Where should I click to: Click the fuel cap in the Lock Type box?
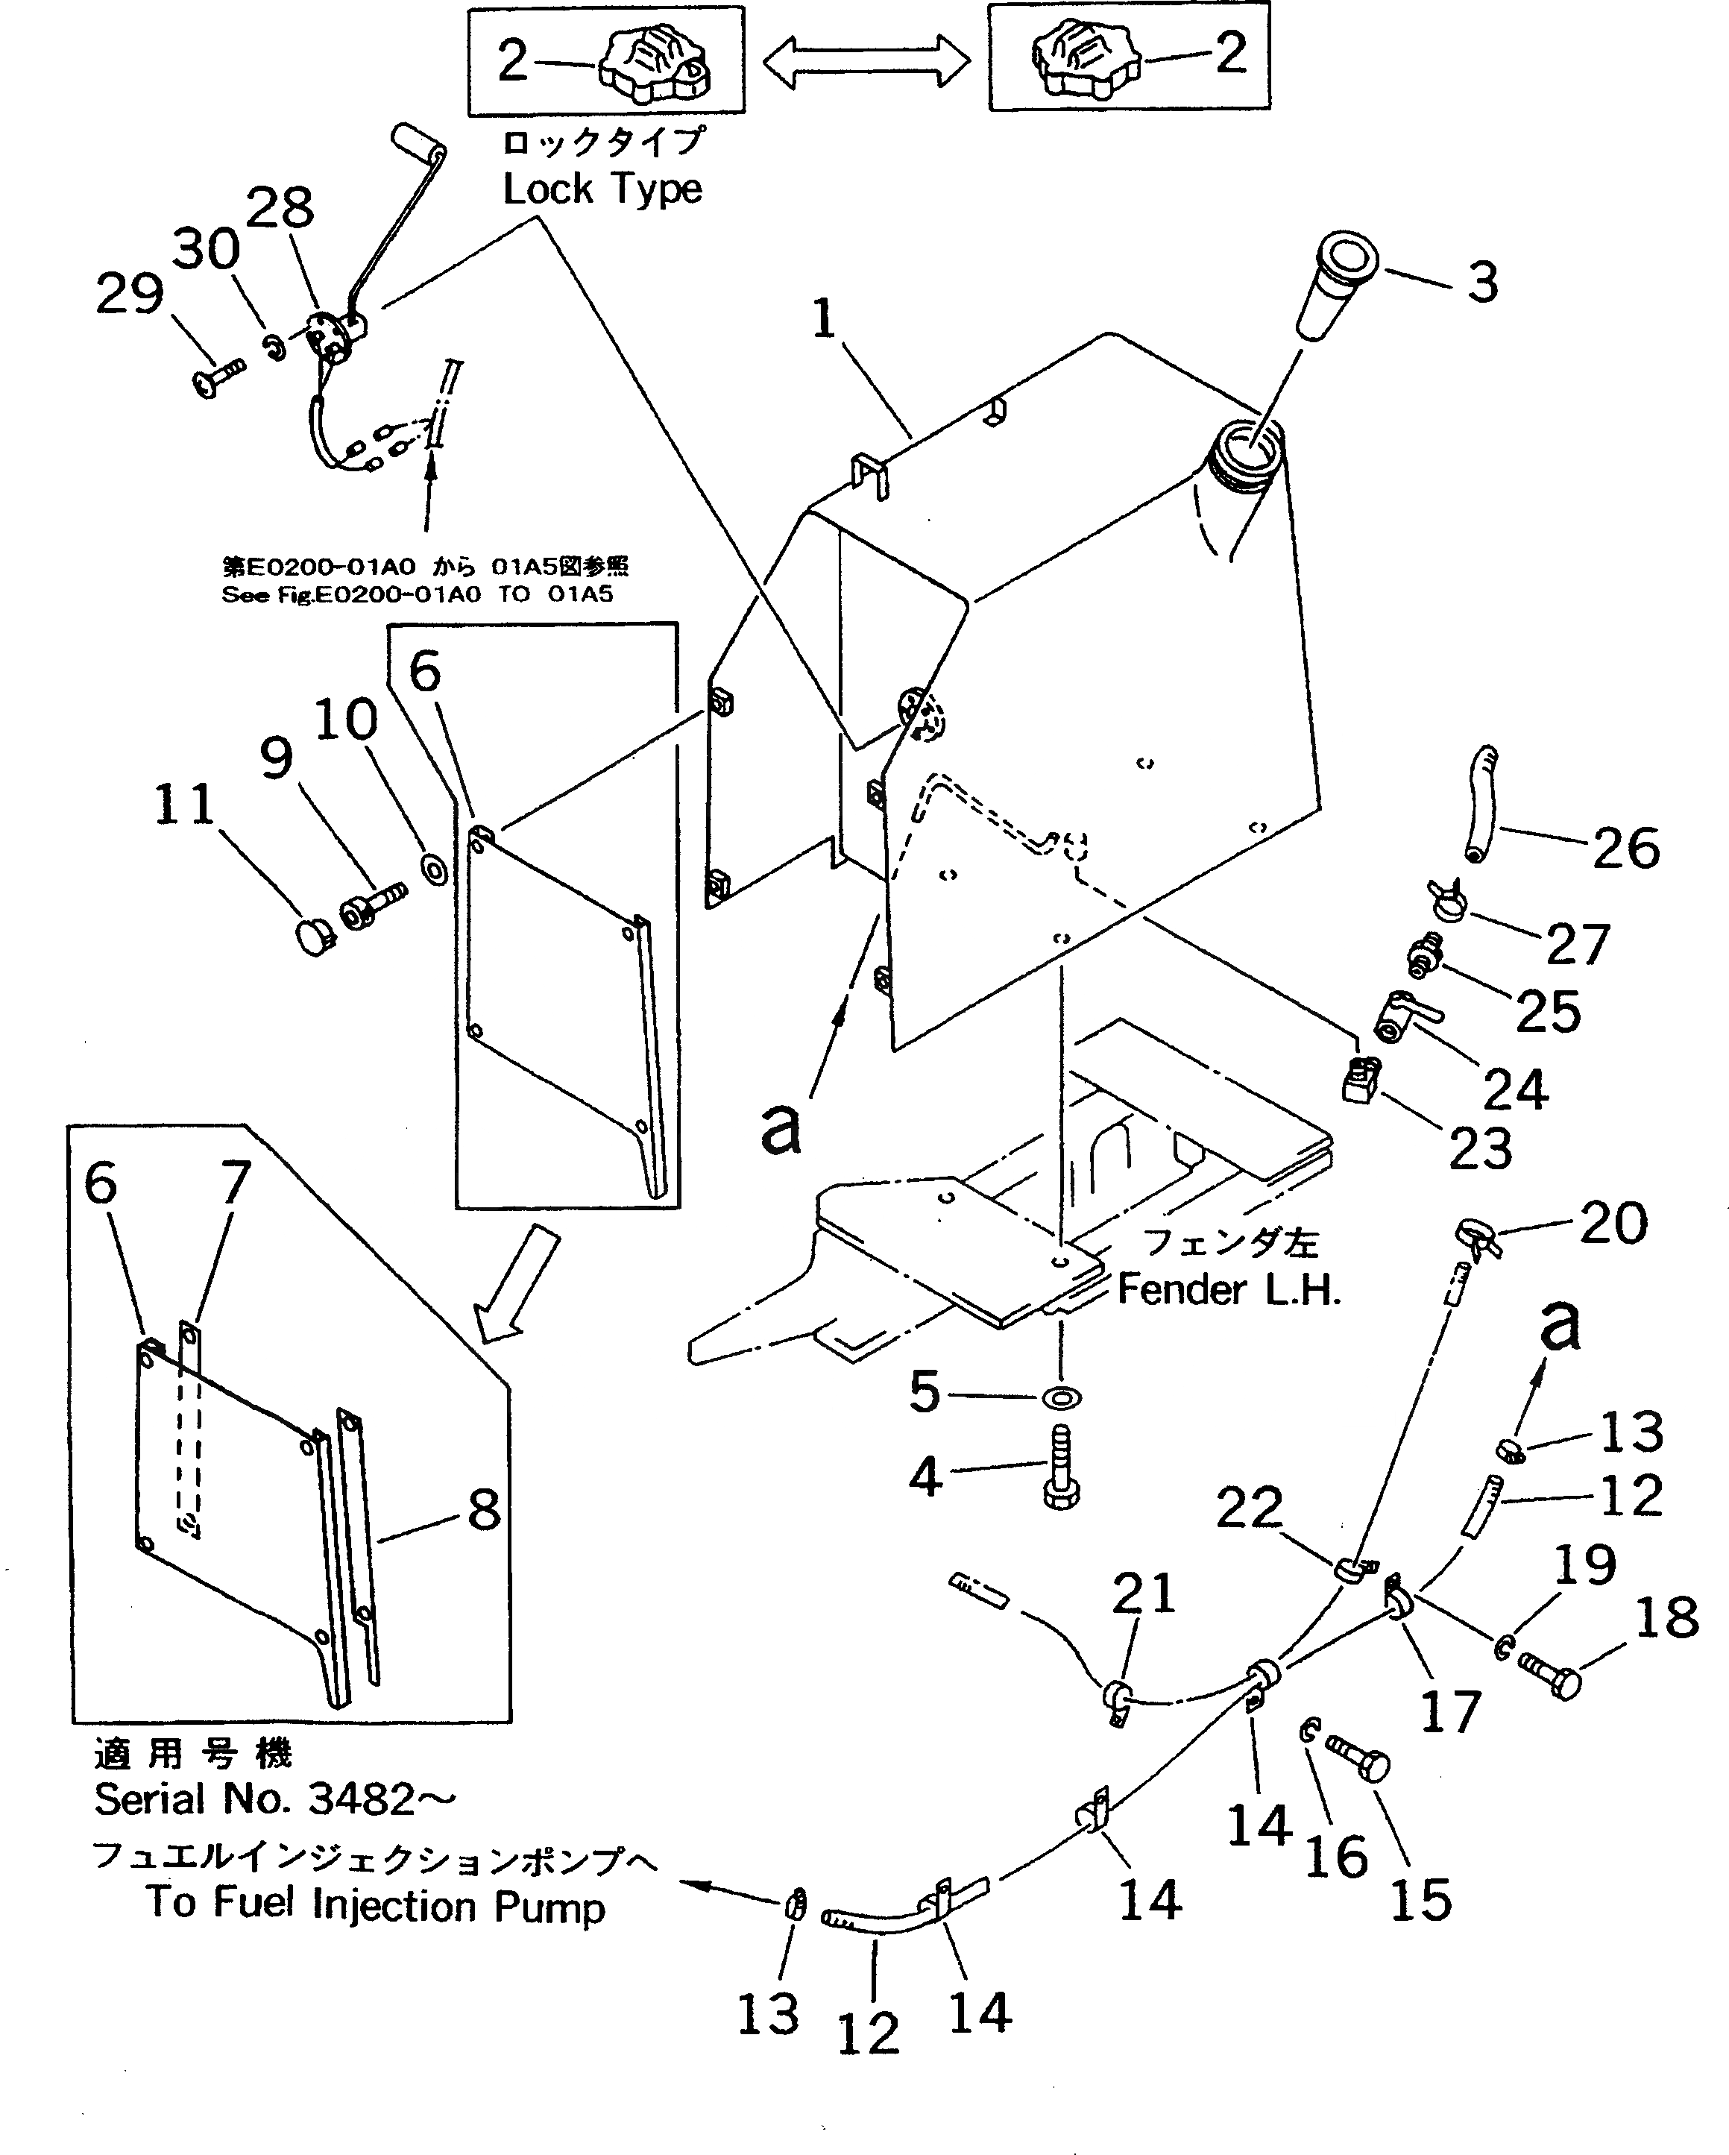[655, 62]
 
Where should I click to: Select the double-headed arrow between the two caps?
[866, 62]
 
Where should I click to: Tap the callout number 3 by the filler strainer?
[1482, 283]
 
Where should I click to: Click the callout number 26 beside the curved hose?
[1625, 848]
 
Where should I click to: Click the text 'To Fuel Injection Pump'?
[376, 1904]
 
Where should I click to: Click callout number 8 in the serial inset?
[484, 1510]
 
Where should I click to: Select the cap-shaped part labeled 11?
[316, 937]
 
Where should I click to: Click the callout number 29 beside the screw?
[129, 295]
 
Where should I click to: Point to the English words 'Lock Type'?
[602, 189]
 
